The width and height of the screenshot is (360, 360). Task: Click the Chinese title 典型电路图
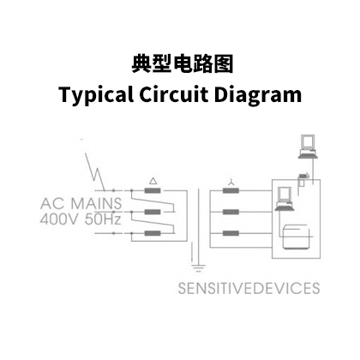[183, 63]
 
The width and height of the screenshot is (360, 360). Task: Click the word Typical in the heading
[96, 94]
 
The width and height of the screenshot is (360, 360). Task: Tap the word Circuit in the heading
[174, 93]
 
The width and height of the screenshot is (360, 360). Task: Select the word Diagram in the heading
[258, 94]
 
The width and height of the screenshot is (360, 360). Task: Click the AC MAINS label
[81, 203]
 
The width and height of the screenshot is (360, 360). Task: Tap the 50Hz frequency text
[103, 219]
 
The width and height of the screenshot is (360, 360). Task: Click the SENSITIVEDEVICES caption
[249, 288]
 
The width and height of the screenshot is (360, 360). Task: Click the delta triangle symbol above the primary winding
[153, 181]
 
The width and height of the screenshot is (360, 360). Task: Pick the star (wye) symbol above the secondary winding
[231, 182]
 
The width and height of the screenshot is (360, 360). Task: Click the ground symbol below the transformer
[198, 268]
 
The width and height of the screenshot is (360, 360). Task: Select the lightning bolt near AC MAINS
[95, 171]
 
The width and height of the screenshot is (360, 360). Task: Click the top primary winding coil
[153, 190]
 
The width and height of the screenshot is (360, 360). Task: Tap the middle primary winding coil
[153, 212]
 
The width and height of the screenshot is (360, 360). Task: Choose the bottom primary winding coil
[153, 233]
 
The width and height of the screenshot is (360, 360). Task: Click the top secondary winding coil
[231, 190]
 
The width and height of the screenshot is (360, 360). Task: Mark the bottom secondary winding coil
[231, 233]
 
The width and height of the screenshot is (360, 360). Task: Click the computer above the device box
[308, 147]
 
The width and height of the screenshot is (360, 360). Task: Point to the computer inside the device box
[285, 199]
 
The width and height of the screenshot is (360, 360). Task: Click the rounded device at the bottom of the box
[296, 237]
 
